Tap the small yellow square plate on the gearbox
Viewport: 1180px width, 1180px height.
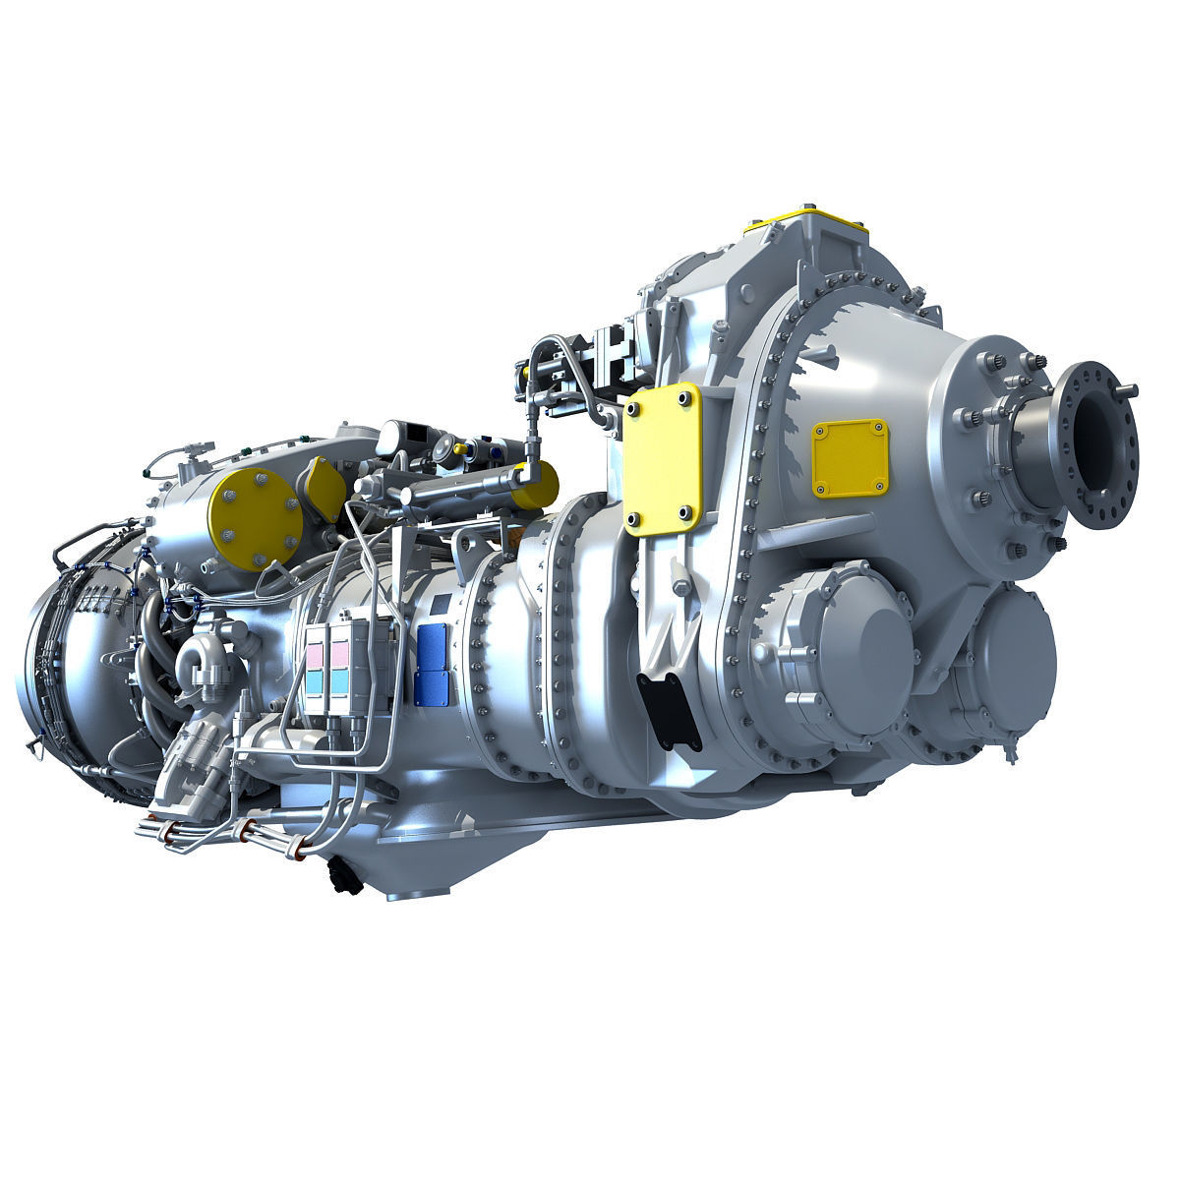click(x=849, y=457)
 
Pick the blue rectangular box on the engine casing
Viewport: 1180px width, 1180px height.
click(x=433, y=664)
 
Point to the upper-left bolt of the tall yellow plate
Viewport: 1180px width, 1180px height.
click(x=634, y=408)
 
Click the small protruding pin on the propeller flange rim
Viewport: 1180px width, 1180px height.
click(x=1130, y=390)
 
